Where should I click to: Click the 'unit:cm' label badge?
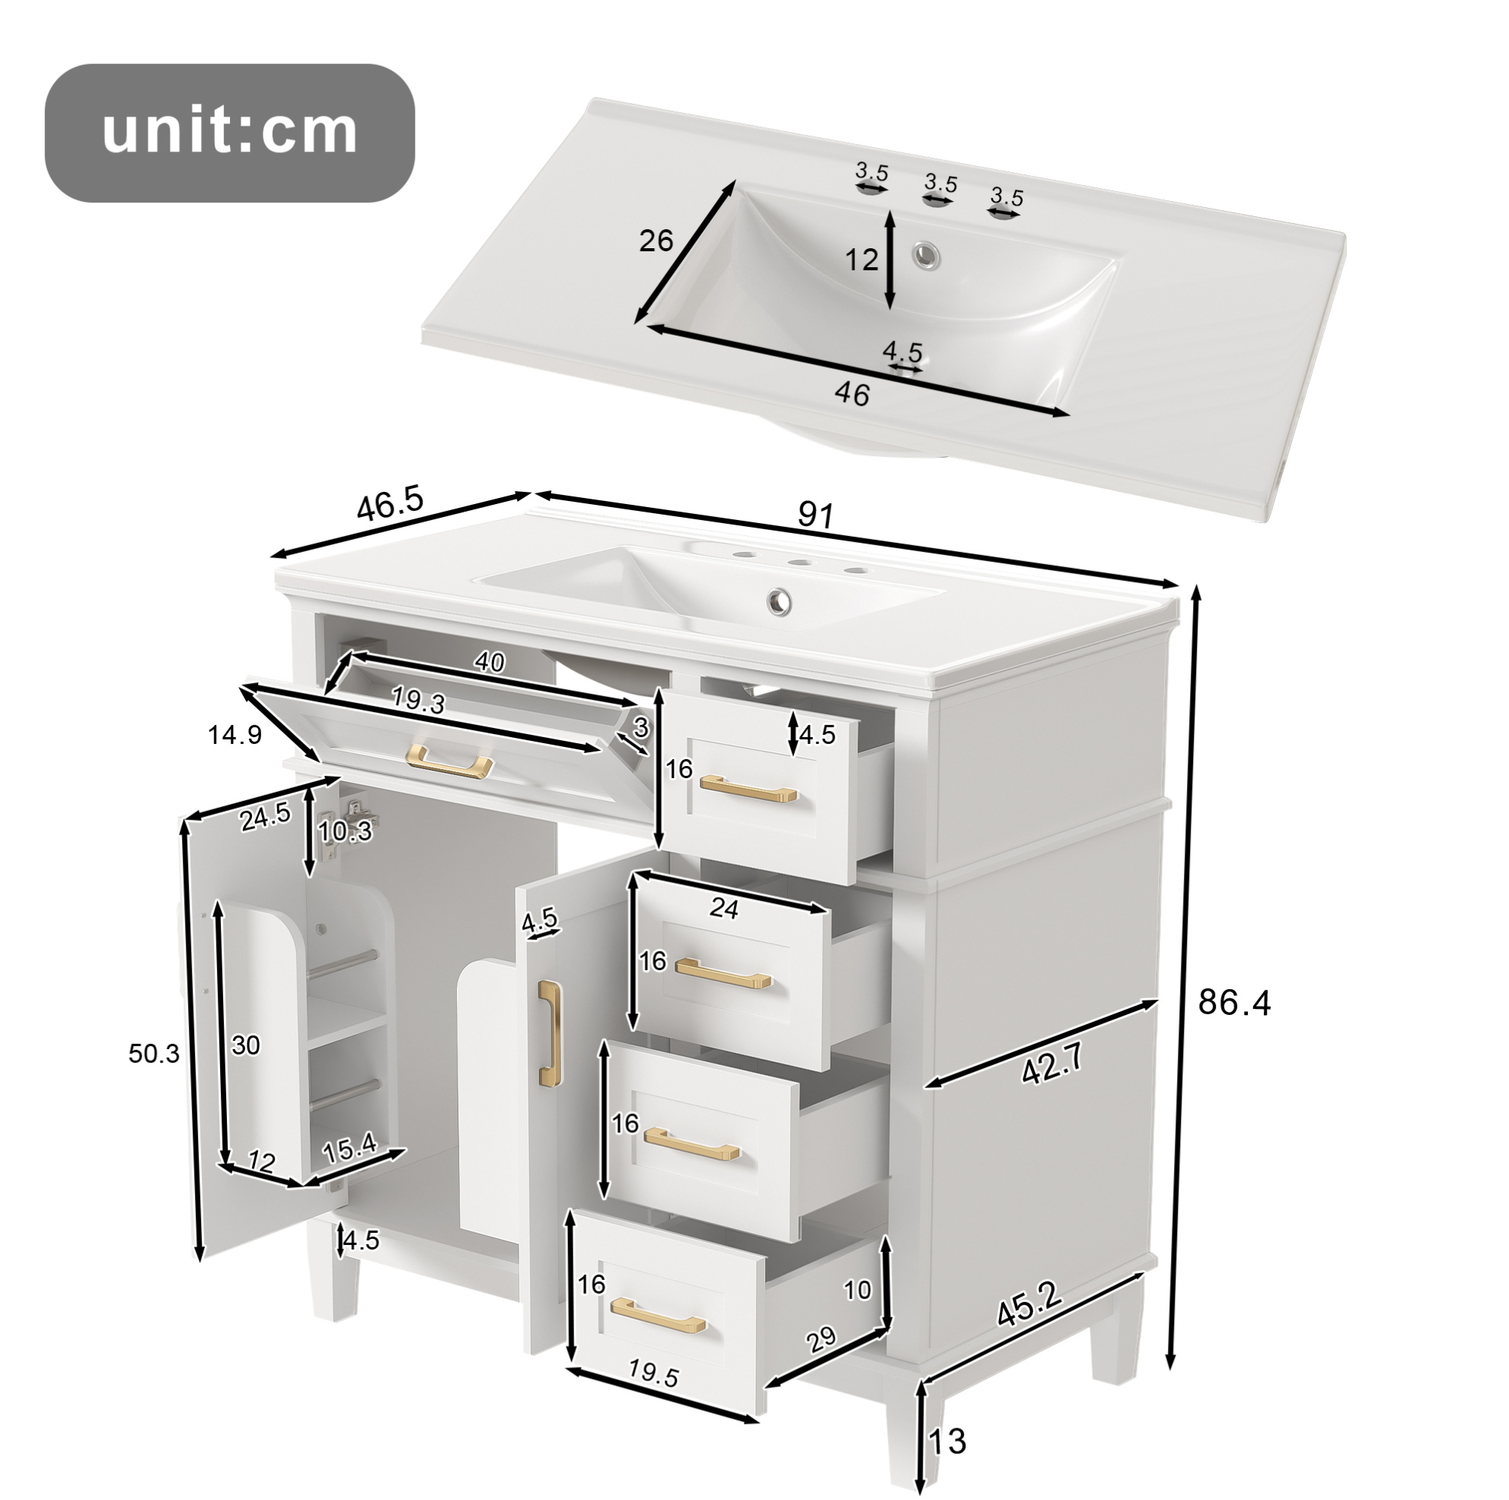pos(230,132)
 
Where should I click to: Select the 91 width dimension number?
pos(816,515)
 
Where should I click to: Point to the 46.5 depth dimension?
pos(390,503)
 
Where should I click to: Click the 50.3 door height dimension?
pos(154,1054)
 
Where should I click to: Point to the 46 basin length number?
pos(851,394)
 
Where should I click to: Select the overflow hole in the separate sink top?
pos(928,252)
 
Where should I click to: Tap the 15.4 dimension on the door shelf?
pos(350,1149)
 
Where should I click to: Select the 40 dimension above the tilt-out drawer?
pos(490,662)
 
